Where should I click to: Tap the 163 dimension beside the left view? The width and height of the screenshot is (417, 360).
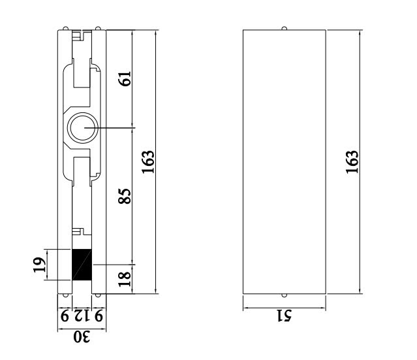(149, 161)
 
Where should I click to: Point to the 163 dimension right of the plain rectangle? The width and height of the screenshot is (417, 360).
(352, 161)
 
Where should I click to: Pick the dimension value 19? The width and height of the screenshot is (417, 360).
(39, 265)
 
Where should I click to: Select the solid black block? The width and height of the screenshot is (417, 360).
(82, 265)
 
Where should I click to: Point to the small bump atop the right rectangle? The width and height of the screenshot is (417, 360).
(284, 28)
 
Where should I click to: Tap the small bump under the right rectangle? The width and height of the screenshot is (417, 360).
(284, 295)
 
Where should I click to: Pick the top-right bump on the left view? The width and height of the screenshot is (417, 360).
(97, 28)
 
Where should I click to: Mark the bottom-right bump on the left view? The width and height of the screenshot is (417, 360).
(97, 295)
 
